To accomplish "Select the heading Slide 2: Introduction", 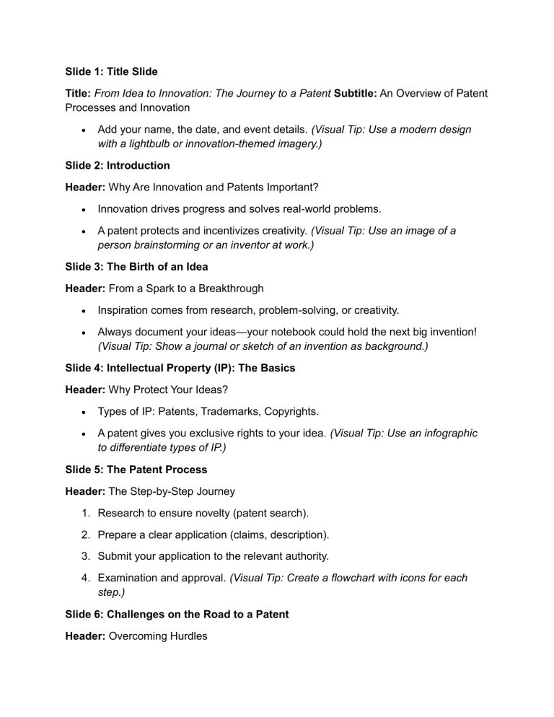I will click(113, 165).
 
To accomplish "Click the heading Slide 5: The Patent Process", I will click(128, 470).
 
